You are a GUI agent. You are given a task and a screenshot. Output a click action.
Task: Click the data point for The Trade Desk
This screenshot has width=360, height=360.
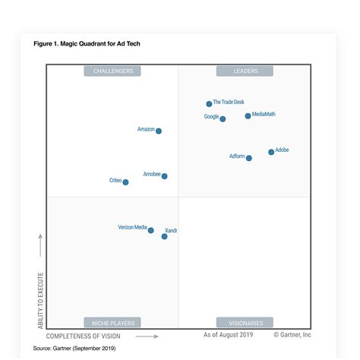(209, 104)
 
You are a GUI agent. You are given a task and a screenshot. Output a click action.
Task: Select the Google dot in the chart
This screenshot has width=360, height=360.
(223, 118)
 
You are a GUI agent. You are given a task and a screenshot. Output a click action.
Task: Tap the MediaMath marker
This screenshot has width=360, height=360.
(248, 116)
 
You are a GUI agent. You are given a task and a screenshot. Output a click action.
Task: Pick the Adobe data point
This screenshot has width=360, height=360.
(271, 152)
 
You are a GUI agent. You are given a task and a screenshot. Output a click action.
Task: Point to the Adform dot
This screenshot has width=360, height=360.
(249, 158)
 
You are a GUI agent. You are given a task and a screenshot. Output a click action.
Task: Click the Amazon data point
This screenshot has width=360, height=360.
(159, 131)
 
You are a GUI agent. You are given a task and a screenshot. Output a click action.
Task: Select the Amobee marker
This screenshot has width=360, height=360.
(164, 176)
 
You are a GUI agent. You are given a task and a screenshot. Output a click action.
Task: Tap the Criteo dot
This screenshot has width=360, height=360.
(125, 182)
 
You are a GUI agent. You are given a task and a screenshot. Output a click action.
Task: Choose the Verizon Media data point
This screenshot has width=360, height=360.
(150, 230)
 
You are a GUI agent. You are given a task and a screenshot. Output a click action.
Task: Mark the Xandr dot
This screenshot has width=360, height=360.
(164, 236)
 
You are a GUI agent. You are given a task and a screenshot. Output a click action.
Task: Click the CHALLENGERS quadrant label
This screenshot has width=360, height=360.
(112, 71)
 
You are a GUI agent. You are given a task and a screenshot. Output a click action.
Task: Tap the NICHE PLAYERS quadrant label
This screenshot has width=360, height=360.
(112, 323)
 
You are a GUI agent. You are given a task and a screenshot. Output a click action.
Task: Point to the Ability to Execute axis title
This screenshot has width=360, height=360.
(41, 299)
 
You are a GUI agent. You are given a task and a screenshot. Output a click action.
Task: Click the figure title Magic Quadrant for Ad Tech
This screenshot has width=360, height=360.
(87, 44)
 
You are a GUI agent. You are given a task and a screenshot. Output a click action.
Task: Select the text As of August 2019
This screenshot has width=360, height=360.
(227, 334)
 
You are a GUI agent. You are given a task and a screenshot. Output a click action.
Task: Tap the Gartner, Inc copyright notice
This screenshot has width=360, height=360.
(292, 334)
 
